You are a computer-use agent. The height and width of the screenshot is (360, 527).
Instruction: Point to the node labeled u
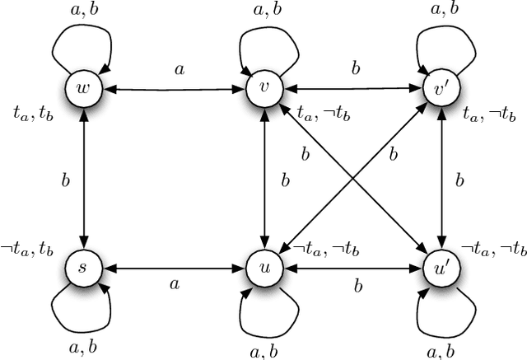point(263,269)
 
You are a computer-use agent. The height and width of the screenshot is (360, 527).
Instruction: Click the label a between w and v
point(178,70)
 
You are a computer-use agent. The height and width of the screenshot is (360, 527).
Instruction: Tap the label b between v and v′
point(355,70)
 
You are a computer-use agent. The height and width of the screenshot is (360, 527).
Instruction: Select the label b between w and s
point(65,179)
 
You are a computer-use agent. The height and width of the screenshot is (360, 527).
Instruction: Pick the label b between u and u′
point(358,286)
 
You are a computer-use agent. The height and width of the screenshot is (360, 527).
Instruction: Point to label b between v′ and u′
point(460,179)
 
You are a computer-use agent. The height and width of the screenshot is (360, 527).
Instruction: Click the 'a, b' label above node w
point(81,10)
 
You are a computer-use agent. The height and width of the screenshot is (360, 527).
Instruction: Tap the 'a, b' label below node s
point(81,346)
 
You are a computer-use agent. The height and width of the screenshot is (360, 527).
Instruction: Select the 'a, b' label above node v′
point(445,10)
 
